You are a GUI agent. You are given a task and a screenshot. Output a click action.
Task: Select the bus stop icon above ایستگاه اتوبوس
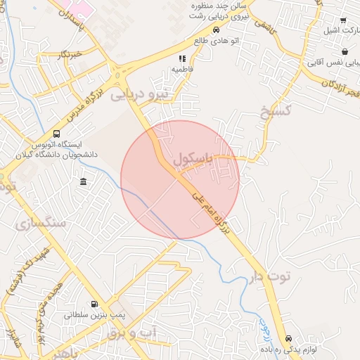pyautogui.click(x=56, y=133)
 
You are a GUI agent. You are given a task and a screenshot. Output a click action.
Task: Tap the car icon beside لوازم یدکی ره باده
pyautogui.click(x=290, y=339)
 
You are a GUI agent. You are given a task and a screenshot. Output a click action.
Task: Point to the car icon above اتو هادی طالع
pyautogui.click(x=216, y=30)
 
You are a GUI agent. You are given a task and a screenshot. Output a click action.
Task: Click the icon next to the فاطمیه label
pyautogui.click(x=182, y=59)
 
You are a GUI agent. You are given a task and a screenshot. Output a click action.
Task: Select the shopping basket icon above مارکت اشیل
pyautogui.click(x=343, y=20)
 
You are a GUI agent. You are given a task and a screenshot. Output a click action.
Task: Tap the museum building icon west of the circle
pyautogui.click(x=84, y=183)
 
